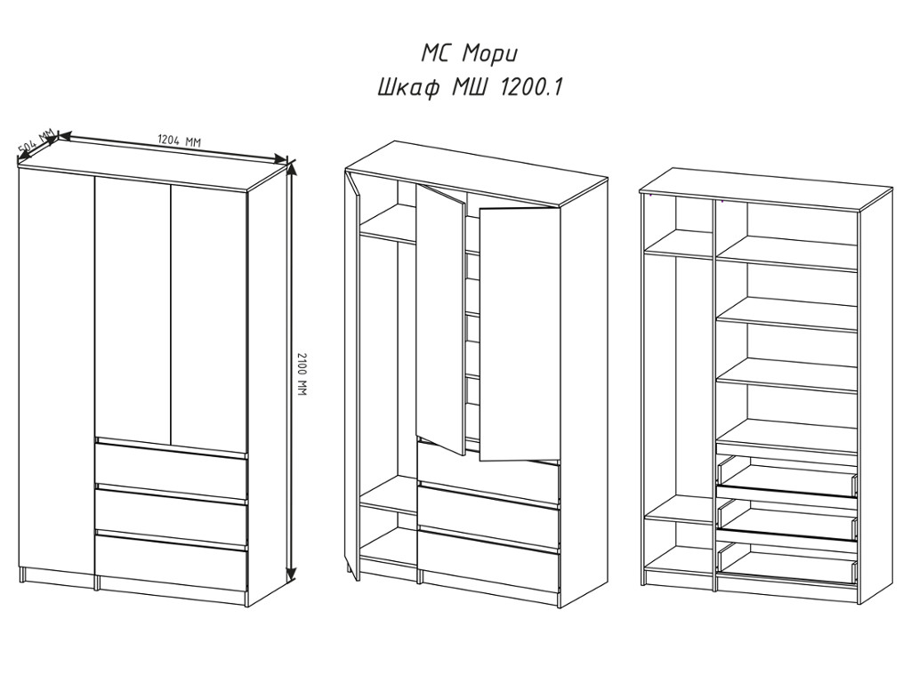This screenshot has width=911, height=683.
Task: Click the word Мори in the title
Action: click(x=489, y=54)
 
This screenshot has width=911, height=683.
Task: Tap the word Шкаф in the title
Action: click(x=408, y=89)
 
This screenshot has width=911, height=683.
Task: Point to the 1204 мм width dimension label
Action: click(x=179, y=141)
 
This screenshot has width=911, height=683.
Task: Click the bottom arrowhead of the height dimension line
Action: click(x=292, y=574)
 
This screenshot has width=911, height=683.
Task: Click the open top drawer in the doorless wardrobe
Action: click(x=787, y=477)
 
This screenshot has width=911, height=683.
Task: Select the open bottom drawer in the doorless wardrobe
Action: click(x=787, y=563)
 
